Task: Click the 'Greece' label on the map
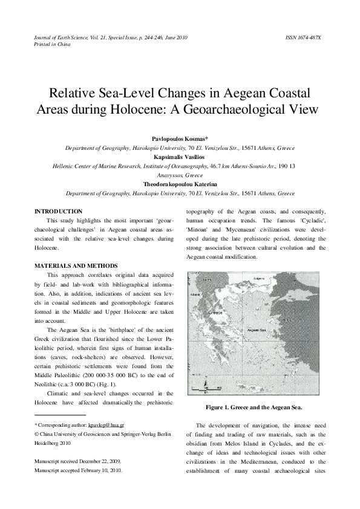[215, 313]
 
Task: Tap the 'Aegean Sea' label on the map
[257, 330]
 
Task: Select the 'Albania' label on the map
[195, 294]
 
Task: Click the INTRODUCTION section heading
[59, 212]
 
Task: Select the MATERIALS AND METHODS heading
[76, 266]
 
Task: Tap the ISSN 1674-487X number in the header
[303, 37]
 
